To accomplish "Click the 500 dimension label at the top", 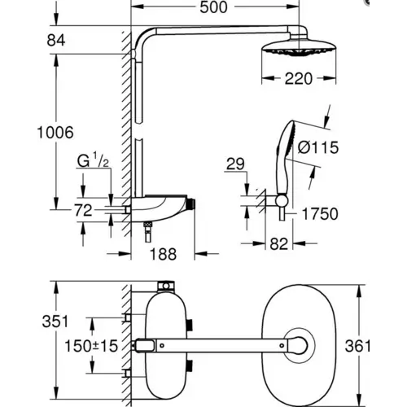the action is pyautogui.click(x=213, y=7).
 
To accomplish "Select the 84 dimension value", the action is pyautogui.click(x=56, y=41).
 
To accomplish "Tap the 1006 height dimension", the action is pyautogui.click(x=55, y=133).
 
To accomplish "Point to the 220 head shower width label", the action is pyautogui.click(x=299, y=79).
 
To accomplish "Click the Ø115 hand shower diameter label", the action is pyautogui.click(x=318, y=147).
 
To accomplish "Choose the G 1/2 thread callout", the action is pyautogui.click(x=93, y=160).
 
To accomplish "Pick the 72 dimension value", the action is pyautogui.click(x=84, y=210).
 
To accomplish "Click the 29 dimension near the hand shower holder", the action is pyautogui.click(x=235, y=164).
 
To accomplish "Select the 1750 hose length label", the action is pyautogui.click(x=320, y=214).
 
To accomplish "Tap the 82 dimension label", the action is pyautogui.click(x=278, y=243).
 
